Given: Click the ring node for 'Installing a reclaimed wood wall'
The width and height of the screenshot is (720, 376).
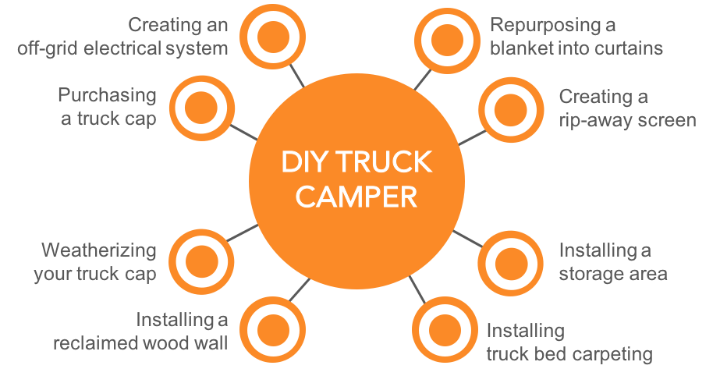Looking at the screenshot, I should [x=270, y=327].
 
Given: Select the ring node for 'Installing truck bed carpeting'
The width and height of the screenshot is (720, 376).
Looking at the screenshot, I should [x=442, y=328].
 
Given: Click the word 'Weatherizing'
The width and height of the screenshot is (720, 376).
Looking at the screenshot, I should [x=99, y=251].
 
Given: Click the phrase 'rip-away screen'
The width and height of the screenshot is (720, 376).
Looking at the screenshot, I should [x=627, y=120].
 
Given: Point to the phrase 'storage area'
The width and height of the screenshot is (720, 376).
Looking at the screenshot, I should [x=613, y=274].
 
